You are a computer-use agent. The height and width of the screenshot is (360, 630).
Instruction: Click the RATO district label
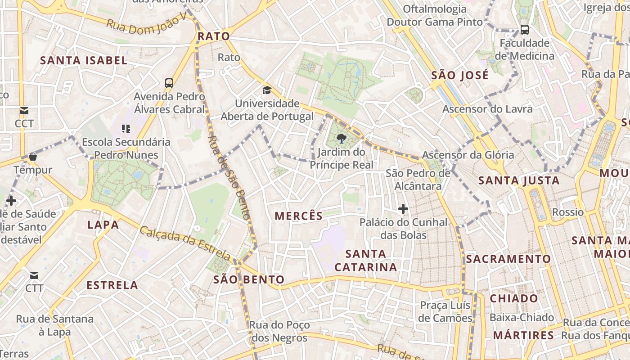click(x=214, y=36)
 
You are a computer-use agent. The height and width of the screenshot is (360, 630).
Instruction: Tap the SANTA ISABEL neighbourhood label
click(x=84, y=60)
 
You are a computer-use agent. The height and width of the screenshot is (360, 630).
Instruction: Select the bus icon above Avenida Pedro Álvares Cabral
click(x=169, y=83)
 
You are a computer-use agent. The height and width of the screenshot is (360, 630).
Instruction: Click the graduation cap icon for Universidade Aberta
click(x=267, y=90)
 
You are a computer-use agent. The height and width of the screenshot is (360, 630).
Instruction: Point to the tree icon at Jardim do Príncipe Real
click(x=342, y=139)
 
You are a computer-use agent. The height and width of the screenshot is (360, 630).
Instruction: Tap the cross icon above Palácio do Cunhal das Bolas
click(x=403, y=209)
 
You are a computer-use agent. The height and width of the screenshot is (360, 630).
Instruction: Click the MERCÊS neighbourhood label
click(x=299, y=216)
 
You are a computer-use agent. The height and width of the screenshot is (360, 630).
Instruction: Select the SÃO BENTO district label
click(x=249, y=279)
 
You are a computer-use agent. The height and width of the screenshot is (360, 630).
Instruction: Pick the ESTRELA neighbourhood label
click(x=112, y=285)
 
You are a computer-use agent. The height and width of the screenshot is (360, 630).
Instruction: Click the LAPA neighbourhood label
click(x=103, y=225)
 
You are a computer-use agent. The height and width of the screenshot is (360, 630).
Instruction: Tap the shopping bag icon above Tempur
click(x=32, y=157)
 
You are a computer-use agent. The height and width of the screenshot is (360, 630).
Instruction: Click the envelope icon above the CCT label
click(x=24, y=111)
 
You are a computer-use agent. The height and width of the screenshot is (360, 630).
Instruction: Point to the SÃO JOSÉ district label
click(x=460, y=75)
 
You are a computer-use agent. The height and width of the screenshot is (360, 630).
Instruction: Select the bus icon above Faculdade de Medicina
click(x=525, y=30)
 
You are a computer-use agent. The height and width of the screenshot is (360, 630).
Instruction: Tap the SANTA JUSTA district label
click(x=519, y=180)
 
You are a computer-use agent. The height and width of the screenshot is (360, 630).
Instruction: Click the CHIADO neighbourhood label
click(x=514, y=298)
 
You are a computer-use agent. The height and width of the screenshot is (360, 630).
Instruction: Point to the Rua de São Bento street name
click(x=229, y=177)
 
